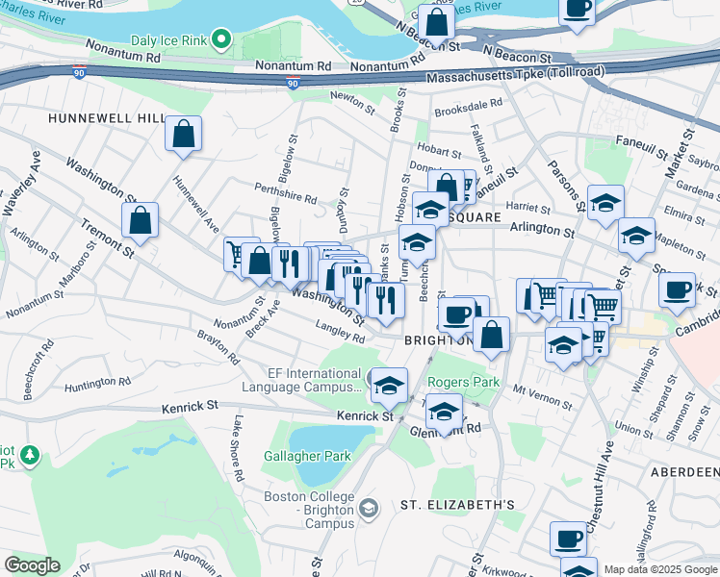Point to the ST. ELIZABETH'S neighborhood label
tap(458, 505)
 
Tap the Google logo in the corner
tap(32, 565)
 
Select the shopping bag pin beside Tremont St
tap(141, 218)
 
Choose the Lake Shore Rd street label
tap(238, 448)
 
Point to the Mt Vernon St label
tap(535, 391)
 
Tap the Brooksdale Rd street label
tap(468, 106)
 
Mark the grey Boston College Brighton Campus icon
tap(367, 507)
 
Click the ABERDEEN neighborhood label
tap(684, 471)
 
